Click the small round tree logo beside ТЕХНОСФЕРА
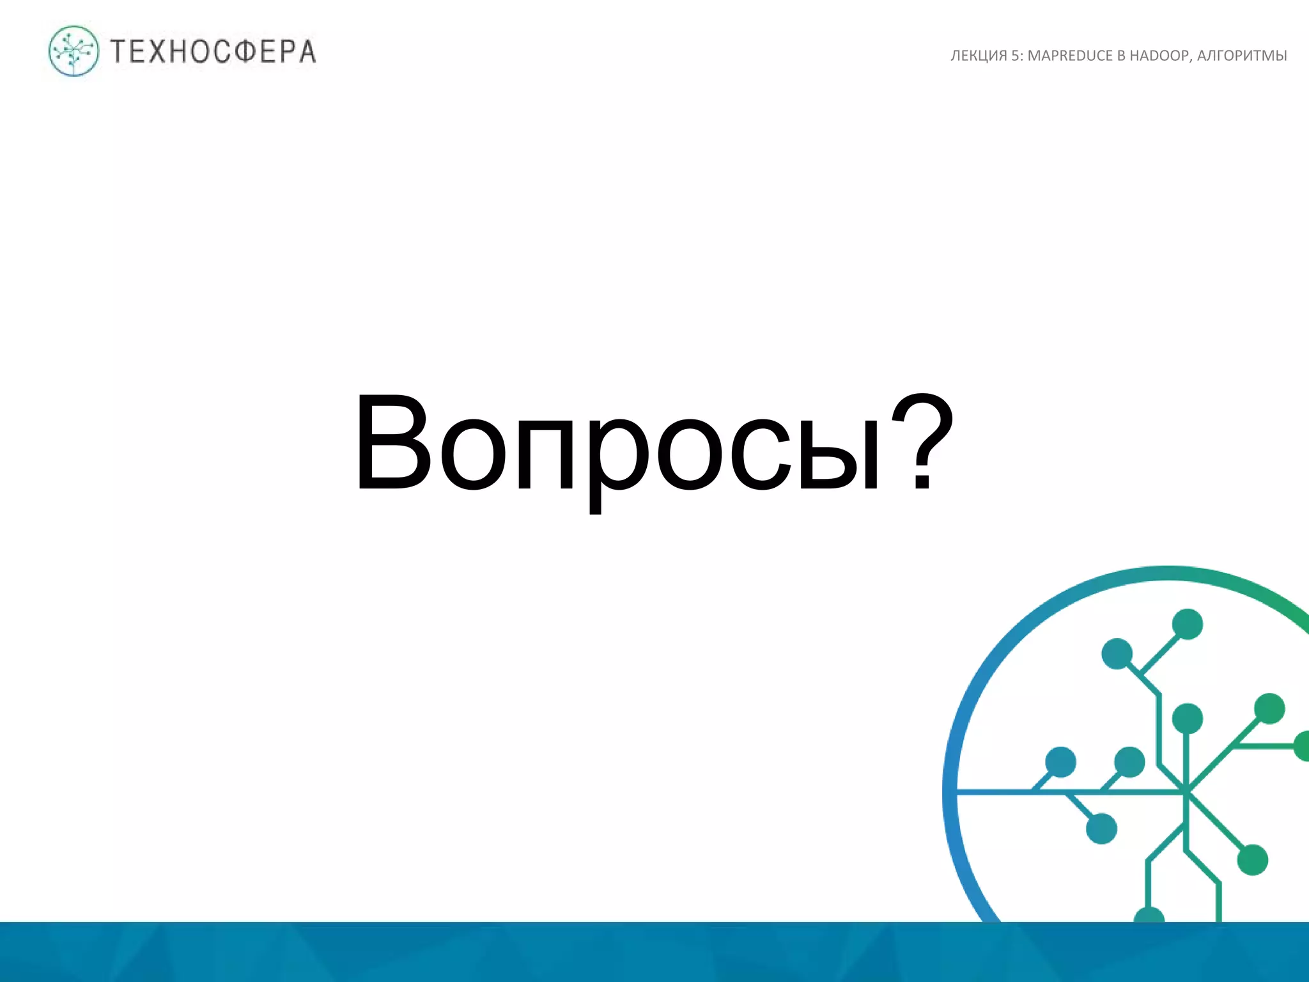(x=74, y=51)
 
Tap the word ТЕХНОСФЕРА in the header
(x=213, y=52)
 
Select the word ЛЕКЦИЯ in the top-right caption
(x=979, y=56)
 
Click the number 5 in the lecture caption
(x=1015, y=56)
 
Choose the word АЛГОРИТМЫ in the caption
(x=1242, y=56)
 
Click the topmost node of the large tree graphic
(x=1188, y=624)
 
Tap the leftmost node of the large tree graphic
(x=1061, y=762)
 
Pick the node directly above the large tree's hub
(x=1188, y=719)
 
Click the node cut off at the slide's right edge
(x=1302, y=746)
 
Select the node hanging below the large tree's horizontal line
(x=1102, y=829)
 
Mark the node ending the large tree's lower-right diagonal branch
(x=1253, y=860)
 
